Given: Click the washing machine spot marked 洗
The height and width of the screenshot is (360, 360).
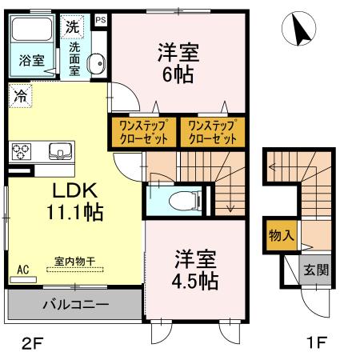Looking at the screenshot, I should [73, 26].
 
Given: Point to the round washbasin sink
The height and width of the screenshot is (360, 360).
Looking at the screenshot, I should [95, 62].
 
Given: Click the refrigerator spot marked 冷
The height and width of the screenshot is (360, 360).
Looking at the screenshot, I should [18, 95].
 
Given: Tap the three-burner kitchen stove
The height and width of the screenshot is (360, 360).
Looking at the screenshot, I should [22, 150].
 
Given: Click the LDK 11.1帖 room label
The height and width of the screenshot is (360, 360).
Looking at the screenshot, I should [75, 202].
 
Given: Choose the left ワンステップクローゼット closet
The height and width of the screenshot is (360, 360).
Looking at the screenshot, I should [142, 132].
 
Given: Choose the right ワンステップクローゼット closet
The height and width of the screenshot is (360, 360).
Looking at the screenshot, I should [212, 132].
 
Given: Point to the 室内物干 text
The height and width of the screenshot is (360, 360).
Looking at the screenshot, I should [74, 261].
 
